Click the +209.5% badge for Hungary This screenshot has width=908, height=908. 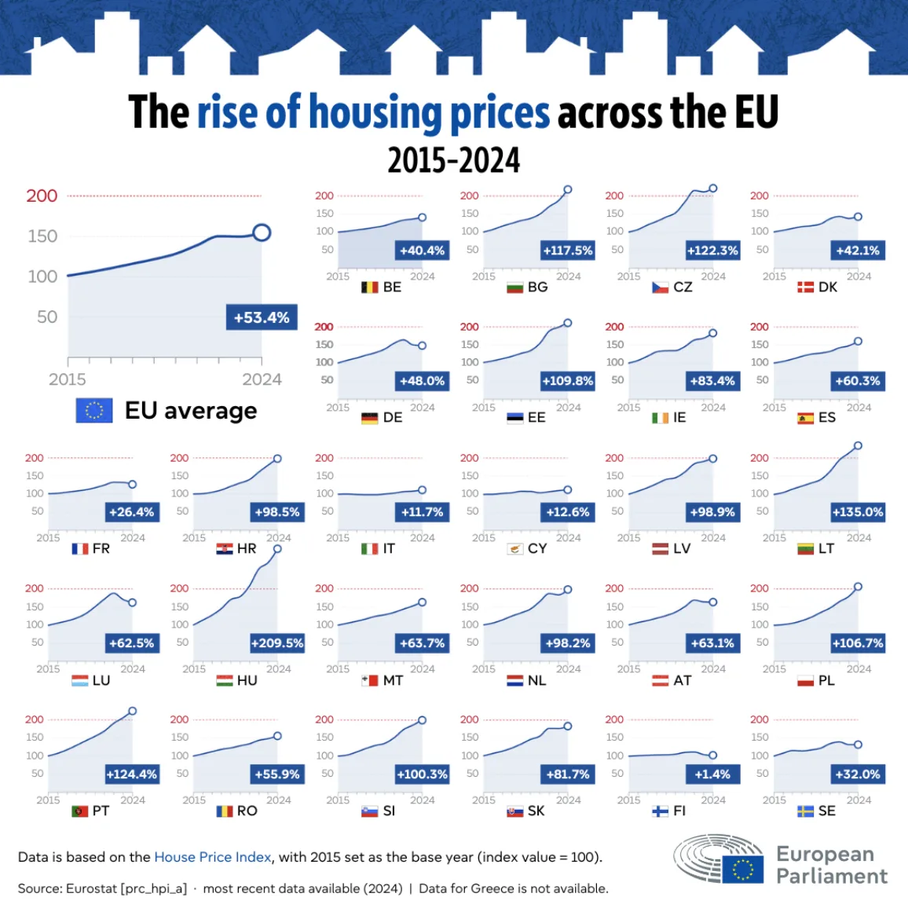point(277,643)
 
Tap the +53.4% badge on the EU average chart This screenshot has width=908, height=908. point(262,317)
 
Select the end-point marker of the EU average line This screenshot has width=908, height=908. point(262,232)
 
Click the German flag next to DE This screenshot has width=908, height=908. point(369,418)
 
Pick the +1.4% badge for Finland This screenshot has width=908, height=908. point(712,774)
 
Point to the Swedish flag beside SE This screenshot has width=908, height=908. point(805,811)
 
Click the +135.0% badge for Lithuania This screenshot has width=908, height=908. point(858,512)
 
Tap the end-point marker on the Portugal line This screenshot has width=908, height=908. point(132,711)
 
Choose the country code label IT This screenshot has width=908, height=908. point(389,548)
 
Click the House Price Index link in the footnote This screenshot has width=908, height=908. point(213,857)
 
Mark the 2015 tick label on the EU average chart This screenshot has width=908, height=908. point(68,379)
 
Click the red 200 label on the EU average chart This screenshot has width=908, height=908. point(42,196)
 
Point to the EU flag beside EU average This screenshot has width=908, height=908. point(94,410)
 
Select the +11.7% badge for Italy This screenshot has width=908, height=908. point(422,512)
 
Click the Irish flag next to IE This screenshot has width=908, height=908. point(660,418)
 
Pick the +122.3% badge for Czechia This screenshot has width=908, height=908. point(712,251)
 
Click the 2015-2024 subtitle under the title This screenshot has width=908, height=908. point(454,160)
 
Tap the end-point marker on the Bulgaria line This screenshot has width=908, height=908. point(568,189)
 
